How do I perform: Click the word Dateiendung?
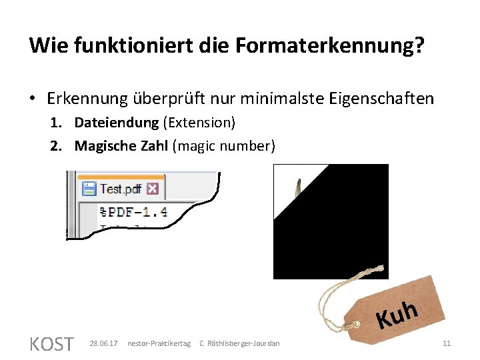(116, 123)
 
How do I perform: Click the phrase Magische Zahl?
(121, 146)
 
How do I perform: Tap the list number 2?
(56, 146)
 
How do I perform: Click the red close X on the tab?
(152, 189)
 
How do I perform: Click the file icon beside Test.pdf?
(89, 189)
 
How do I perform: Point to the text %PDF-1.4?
(133, 213)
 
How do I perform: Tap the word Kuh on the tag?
(397, 315)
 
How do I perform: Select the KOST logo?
(51, 344)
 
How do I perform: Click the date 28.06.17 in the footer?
(103, 343)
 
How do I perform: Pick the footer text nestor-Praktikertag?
(159, 343)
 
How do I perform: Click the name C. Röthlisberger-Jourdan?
(240, 343)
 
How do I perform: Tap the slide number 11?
(447, 343)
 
